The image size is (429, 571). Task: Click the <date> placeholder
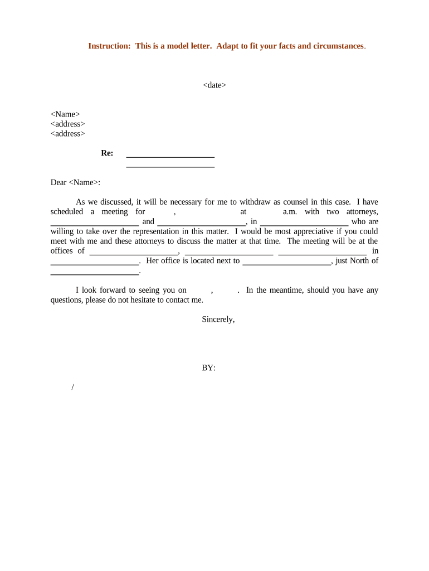pyautogui.click(x=214, y=85)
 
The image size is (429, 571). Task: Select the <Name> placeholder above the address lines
pyautogui.click(x=65, y=114)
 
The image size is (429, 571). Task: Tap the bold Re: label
pyautogui.click(x=107, y=153)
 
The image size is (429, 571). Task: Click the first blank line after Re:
pyautogui.click(x=170, y=156)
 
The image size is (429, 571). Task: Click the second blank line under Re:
pyautogui.click(x=170, y=166)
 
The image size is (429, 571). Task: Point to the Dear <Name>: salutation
pyautogui.click(x=75, y=182)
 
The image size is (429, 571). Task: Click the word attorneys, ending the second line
pyautogui.click(x=362, y=211)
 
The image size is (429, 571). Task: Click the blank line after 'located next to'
pyautogui.click(x=286, y=263)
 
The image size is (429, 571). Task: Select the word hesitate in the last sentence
pyautogui.click(x=148, y=299)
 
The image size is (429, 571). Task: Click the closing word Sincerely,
pyautogui.click(x=218, y=319)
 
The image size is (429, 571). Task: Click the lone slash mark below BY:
pyautogui.click(x=73, y=388)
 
